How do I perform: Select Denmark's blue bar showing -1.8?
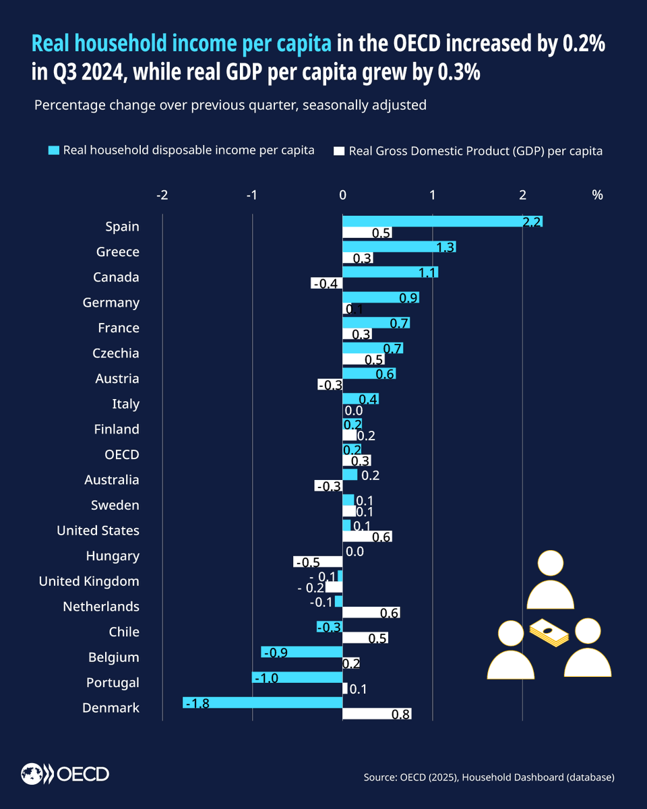pos(263,702)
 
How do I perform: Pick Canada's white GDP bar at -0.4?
pos(327,283)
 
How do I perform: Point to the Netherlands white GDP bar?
pos(371,613)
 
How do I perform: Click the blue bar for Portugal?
pos(297,677)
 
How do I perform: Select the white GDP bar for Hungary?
pos(318,562)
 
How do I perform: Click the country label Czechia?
pos(115,353)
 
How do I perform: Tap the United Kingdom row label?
pos(89,581)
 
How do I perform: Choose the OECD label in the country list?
pos(122,454)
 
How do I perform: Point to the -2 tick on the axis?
pos(162,196)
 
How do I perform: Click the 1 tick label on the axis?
pos(432,196)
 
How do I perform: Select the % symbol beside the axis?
pos(597,196)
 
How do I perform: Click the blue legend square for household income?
pos(54,150)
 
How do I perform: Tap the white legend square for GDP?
pos(340,150)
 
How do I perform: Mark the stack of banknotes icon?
pos(549,634)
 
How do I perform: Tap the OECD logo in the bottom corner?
pos(65,775)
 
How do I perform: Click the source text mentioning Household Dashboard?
pos(489,777)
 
